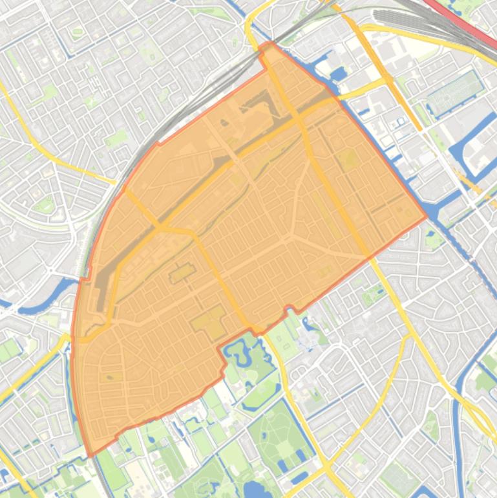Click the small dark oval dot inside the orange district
(x=111, y=376)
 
